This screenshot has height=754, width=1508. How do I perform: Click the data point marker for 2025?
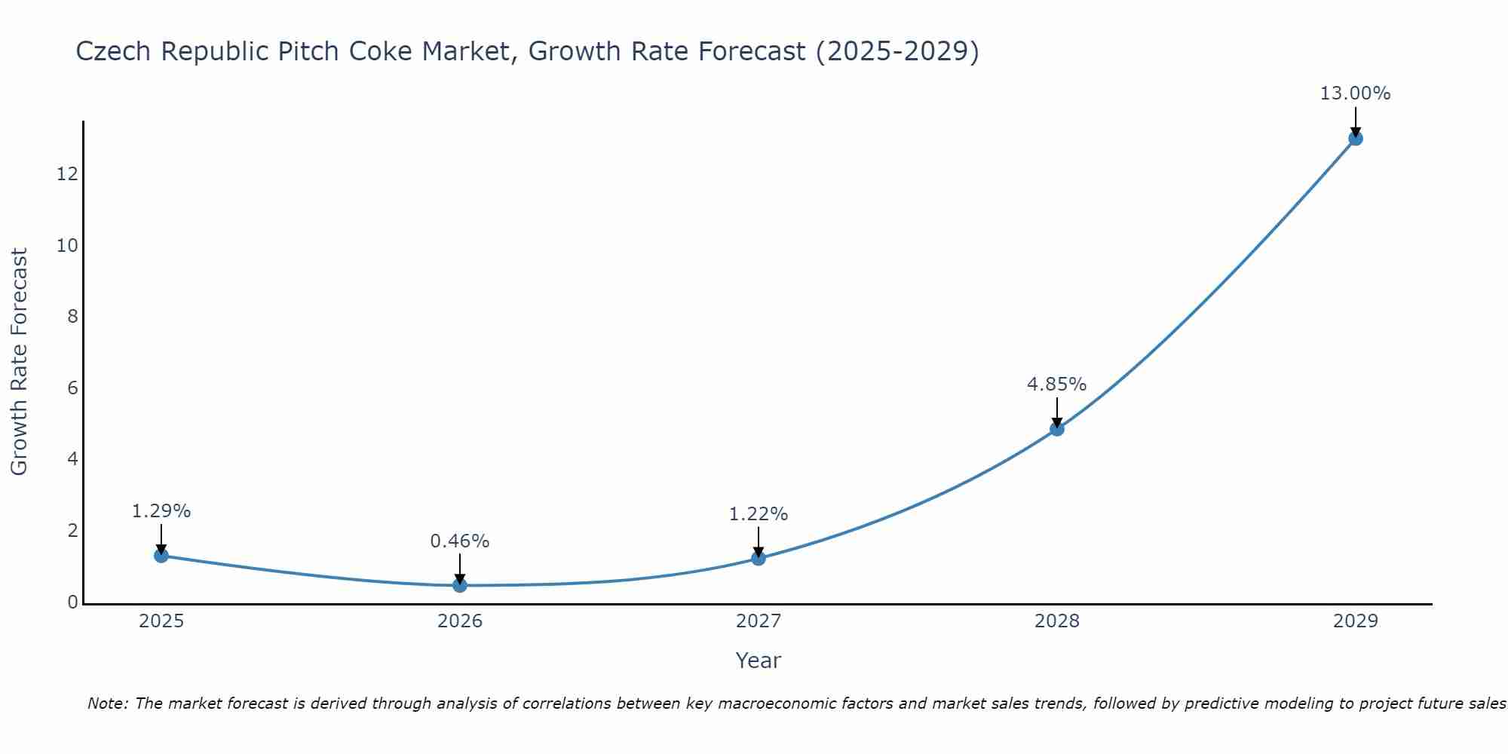161,556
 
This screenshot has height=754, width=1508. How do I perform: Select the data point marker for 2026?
460,585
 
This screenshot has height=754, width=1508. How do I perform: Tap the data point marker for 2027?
759,558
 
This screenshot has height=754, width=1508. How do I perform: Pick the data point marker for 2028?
1057,429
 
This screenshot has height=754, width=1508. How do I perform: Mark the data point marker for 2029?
1356,138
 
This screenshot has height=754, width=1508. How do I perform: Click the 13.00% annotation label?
1355,93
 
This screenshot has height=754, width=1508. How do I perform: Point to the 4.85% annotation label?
1056,385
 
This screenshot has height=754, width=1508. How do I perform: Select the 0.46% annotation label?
460,541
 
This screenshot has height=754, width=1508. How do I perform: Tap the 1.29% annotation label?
161,511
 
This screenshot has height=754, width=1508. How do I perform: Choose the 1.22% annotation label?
759,514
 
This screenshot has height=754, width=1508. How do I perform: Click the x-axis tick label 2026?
460,621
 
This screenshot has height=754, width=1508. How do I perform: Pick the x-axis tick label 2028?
1057,621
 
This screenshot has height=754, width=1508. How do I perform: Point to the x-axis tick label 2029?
1356,621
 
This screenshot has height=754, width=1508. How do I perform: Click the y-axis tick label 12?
67,174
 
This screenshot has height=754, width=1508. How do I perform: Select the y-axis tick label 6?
72,388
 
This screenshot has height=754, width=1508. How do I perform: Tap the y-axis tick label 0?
72,602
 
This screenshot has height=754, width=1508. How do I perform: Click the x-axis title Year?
758,661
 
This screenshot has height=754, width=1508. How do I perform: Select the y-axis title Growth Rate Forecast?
19,362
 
